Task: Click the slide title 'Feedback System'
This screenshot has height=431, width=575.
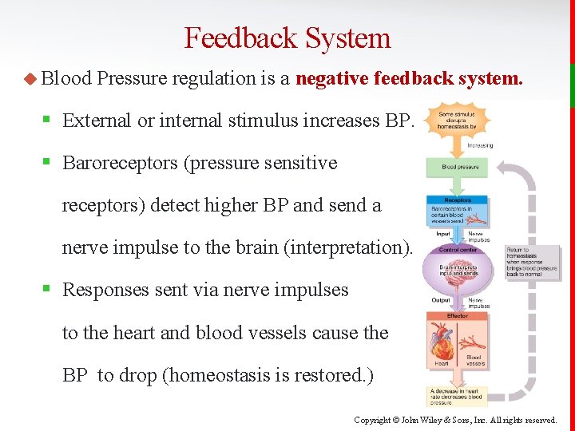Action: pos(287,38)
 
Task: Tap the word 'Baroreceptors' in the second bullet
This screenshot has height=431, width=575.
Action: pos(120,163)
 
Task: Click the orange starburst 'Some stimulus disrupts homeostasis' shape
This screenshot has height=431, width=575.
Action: pos(457,121)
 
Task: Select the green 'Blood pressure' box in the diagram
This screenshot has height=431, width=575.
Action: pos(457,168)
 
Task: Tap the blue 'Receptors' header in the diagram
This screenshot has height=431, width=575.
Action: pos(457,200)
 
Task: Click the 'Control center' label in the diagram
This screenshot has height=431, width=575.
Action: pos(458,250)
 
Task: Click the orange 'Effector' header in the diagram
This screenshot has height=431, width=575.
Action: pos(458,316)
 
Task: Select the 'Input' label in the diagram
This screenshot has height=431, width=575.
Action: pos(442,235)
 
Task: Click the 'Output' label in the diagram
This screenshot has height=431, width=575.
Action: pos(441,301)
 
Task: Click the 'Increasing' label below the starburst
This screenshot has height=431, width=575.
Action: pos(479,145)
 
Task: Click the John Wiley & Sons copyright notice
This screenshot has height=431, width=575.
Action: pos(455,420)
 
